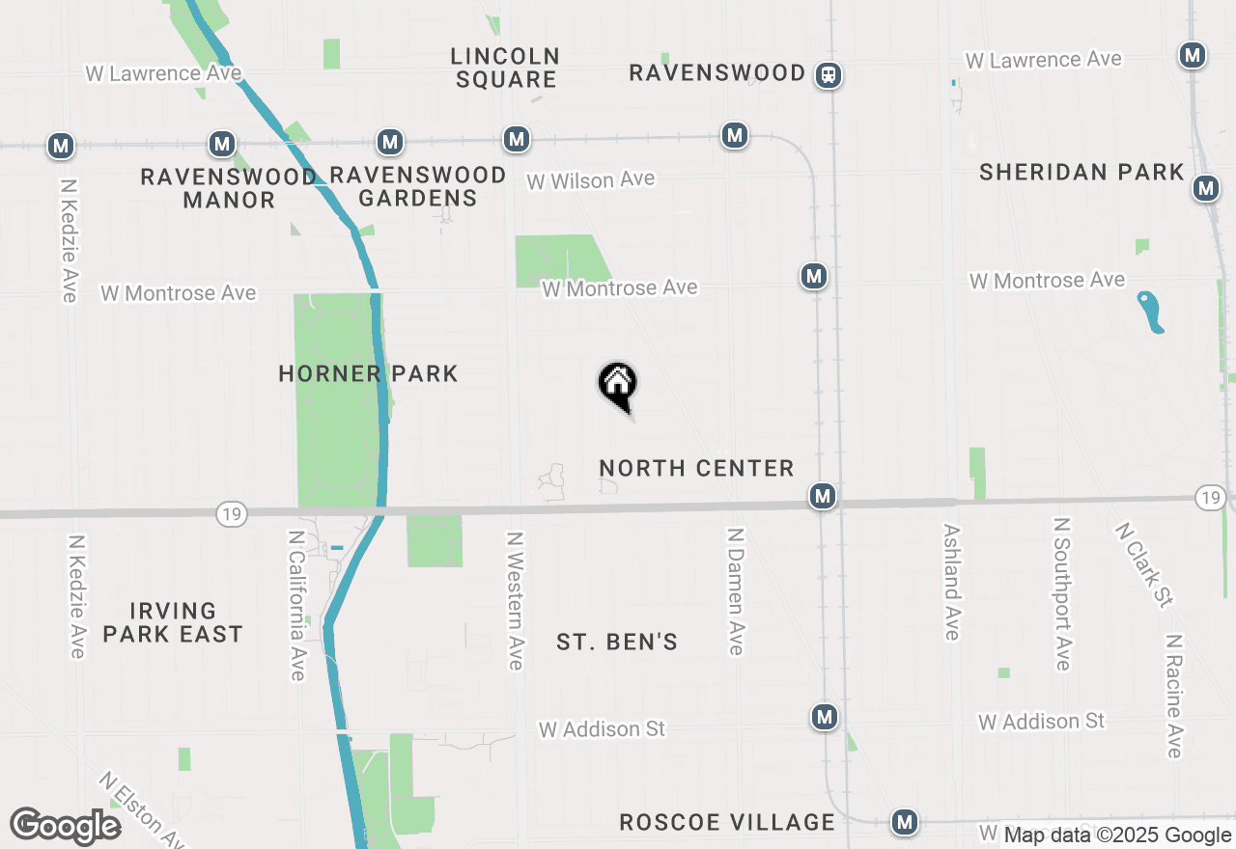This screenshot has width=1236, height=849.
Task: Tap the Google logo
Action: click(x=66, y=826)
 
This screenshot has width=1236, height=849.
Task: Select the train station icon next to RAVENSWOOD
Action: click(x=828, y=75)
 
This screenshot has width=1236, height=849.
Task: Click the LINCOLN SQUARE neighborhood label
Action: click(x=505, y=68)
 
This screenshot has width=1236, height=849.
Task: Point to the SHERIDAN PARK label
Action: click(x=1081, y=172)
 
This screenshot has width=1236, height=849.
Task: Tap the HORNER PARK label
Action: click(x=368, y=373)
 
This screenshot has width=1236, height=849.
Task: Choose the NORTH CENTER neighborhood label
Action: click(x=696, y=468)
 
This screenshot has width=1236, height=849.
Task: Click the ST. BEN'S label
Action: click(x=617, y=642)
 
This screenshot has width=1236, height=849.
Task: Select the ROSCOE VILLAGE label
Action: click(x=727, y=822)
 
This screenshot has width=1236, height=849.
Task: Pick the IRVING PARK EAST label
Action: click(x=173, y=622)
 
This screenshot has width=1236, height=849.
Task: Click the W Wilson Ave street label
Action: click(x=590, y=179)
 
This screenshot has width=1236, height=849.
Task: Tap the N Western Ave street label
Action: click(x=515, y=600)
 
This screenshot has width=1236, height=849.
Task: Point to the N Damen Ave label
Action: click(x=736, y=590)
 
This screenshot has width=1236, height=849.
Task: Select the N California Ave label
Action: click(x=297, y=604)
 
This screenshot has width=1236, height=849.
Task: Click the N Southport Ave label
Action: click(x=1062, y=593)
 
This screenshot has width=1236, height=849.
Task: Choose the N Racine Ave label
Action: click(x=1174, y=696)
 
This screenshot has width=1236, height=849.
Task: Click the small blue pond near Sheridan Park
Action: click(x=1150, y=312)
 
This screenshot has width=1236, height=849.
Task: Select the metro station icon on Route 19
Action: click(x=822, y=496)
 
